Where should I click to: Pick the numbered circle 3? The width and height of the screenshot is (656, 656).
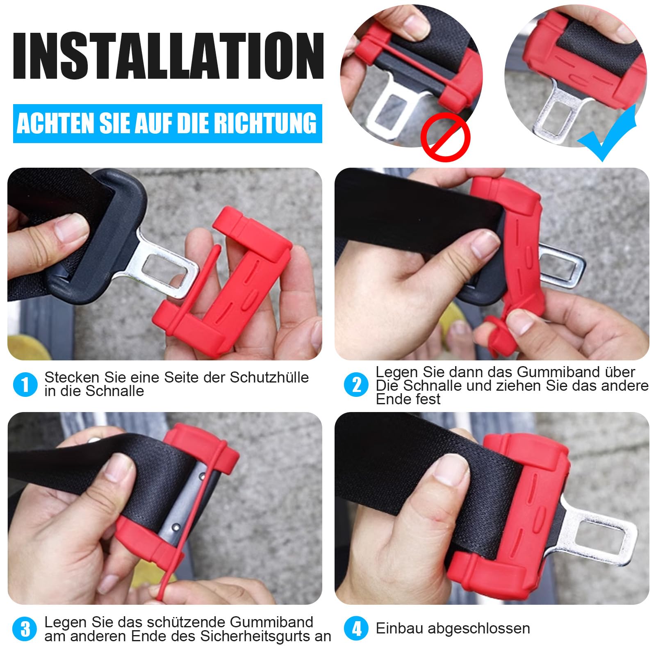(x=25, y=629)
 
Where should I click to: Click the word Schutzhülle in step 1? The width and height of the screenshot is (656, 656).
(x=269, y=377)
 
